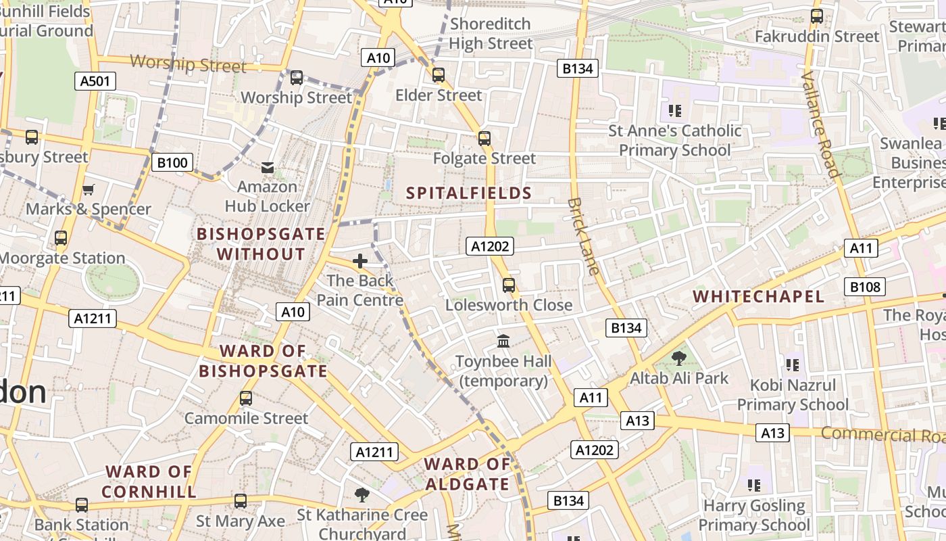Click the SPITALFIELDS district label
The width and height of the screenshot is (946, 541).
(x=469, y=193)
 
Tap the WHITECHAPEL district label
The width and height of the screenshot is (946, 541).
(x=758, y=296)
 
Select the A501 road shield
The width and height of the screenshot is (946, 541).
(x=95, y=81)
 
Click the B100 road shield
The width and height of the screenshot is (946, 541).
(x=172, y=162)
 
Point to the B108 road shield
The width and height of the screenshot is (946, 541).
(x=865, y=287)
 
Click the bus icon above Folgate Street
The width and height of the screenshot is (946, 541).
(x=484, y=139)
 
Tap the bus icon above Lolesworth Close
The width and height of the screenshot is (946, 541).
(x=509, y=285)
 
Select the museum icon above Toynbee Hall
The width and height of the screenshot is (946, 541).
(x=503, y=342)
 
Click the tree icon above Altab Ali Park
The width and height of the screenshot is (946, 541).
(x=678, y=358)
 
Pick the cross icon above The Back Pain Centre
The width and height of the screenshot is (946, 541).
(x=360, y=260)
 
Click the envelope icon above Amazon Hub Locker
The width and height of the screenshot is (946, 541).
(x=268, y=167)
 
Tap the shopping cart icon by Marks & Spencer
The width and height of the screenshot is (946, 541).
(x=88, y=189)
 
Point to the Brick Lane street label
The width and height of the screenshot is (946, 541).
(x=583, y=236)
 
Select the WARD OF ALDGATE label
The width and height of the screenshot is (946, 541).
(x=467, y=474)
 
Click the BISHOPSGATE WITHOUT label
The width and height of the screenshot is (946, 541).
(x=261, y=244)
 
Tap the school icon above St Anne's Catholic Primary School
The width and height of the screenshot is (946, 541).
(x=674, y=110)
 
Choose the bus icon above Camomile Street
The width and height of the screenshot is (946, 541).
(x=246, y=398)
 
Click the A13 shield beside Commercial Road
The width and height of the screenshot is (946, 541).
(x=772, y=433)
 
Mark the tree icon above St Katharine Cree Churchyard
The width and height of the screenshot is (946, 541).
(x=362, y=494)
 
